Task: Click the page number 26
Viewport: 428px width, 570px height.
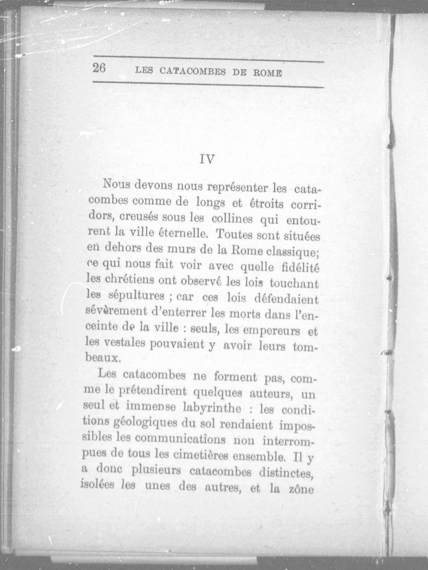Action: pyautogui.click(x=99, y=69)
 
